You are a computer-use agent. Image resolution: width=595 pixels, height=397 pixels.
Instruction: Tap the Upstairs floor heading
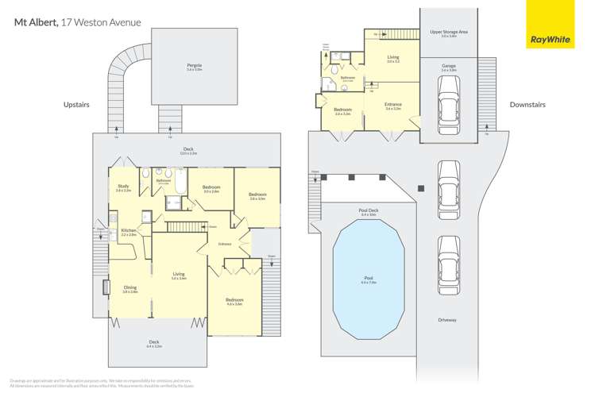pos(77,104)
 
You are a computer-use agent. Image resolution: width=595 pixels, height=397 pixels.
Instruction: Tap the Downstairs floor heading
pos(527,104)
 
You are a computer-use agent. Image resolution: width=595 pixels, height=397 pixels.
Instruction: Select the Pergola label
pos(194,66)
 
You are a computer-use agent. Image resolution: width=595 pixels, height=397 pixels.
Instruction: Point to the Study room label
pos(123,187)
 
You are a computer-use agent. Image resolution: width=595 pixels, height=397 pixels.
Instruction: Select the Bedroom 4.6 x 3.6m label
pos(234,301)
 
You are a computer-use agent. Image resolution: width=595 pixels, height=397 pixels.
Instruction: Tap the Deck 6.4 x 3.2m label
pos(153,345)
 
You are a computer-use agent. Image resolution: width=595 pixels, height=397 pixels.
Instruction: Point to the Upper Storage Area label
pos(449,33)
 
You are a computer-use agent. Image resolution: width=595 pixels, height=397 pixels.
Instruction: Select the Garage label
pos(449,67)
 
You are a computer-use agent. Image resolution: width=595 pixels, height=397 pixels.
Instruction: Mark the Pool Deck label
pos(369,211)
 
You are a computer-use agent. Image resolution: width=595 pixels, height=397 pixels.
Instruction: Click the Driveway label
pos(447,320)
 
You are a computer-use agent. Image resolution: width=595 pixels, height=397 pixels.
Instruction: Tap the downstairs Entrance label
pos(393,105)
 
